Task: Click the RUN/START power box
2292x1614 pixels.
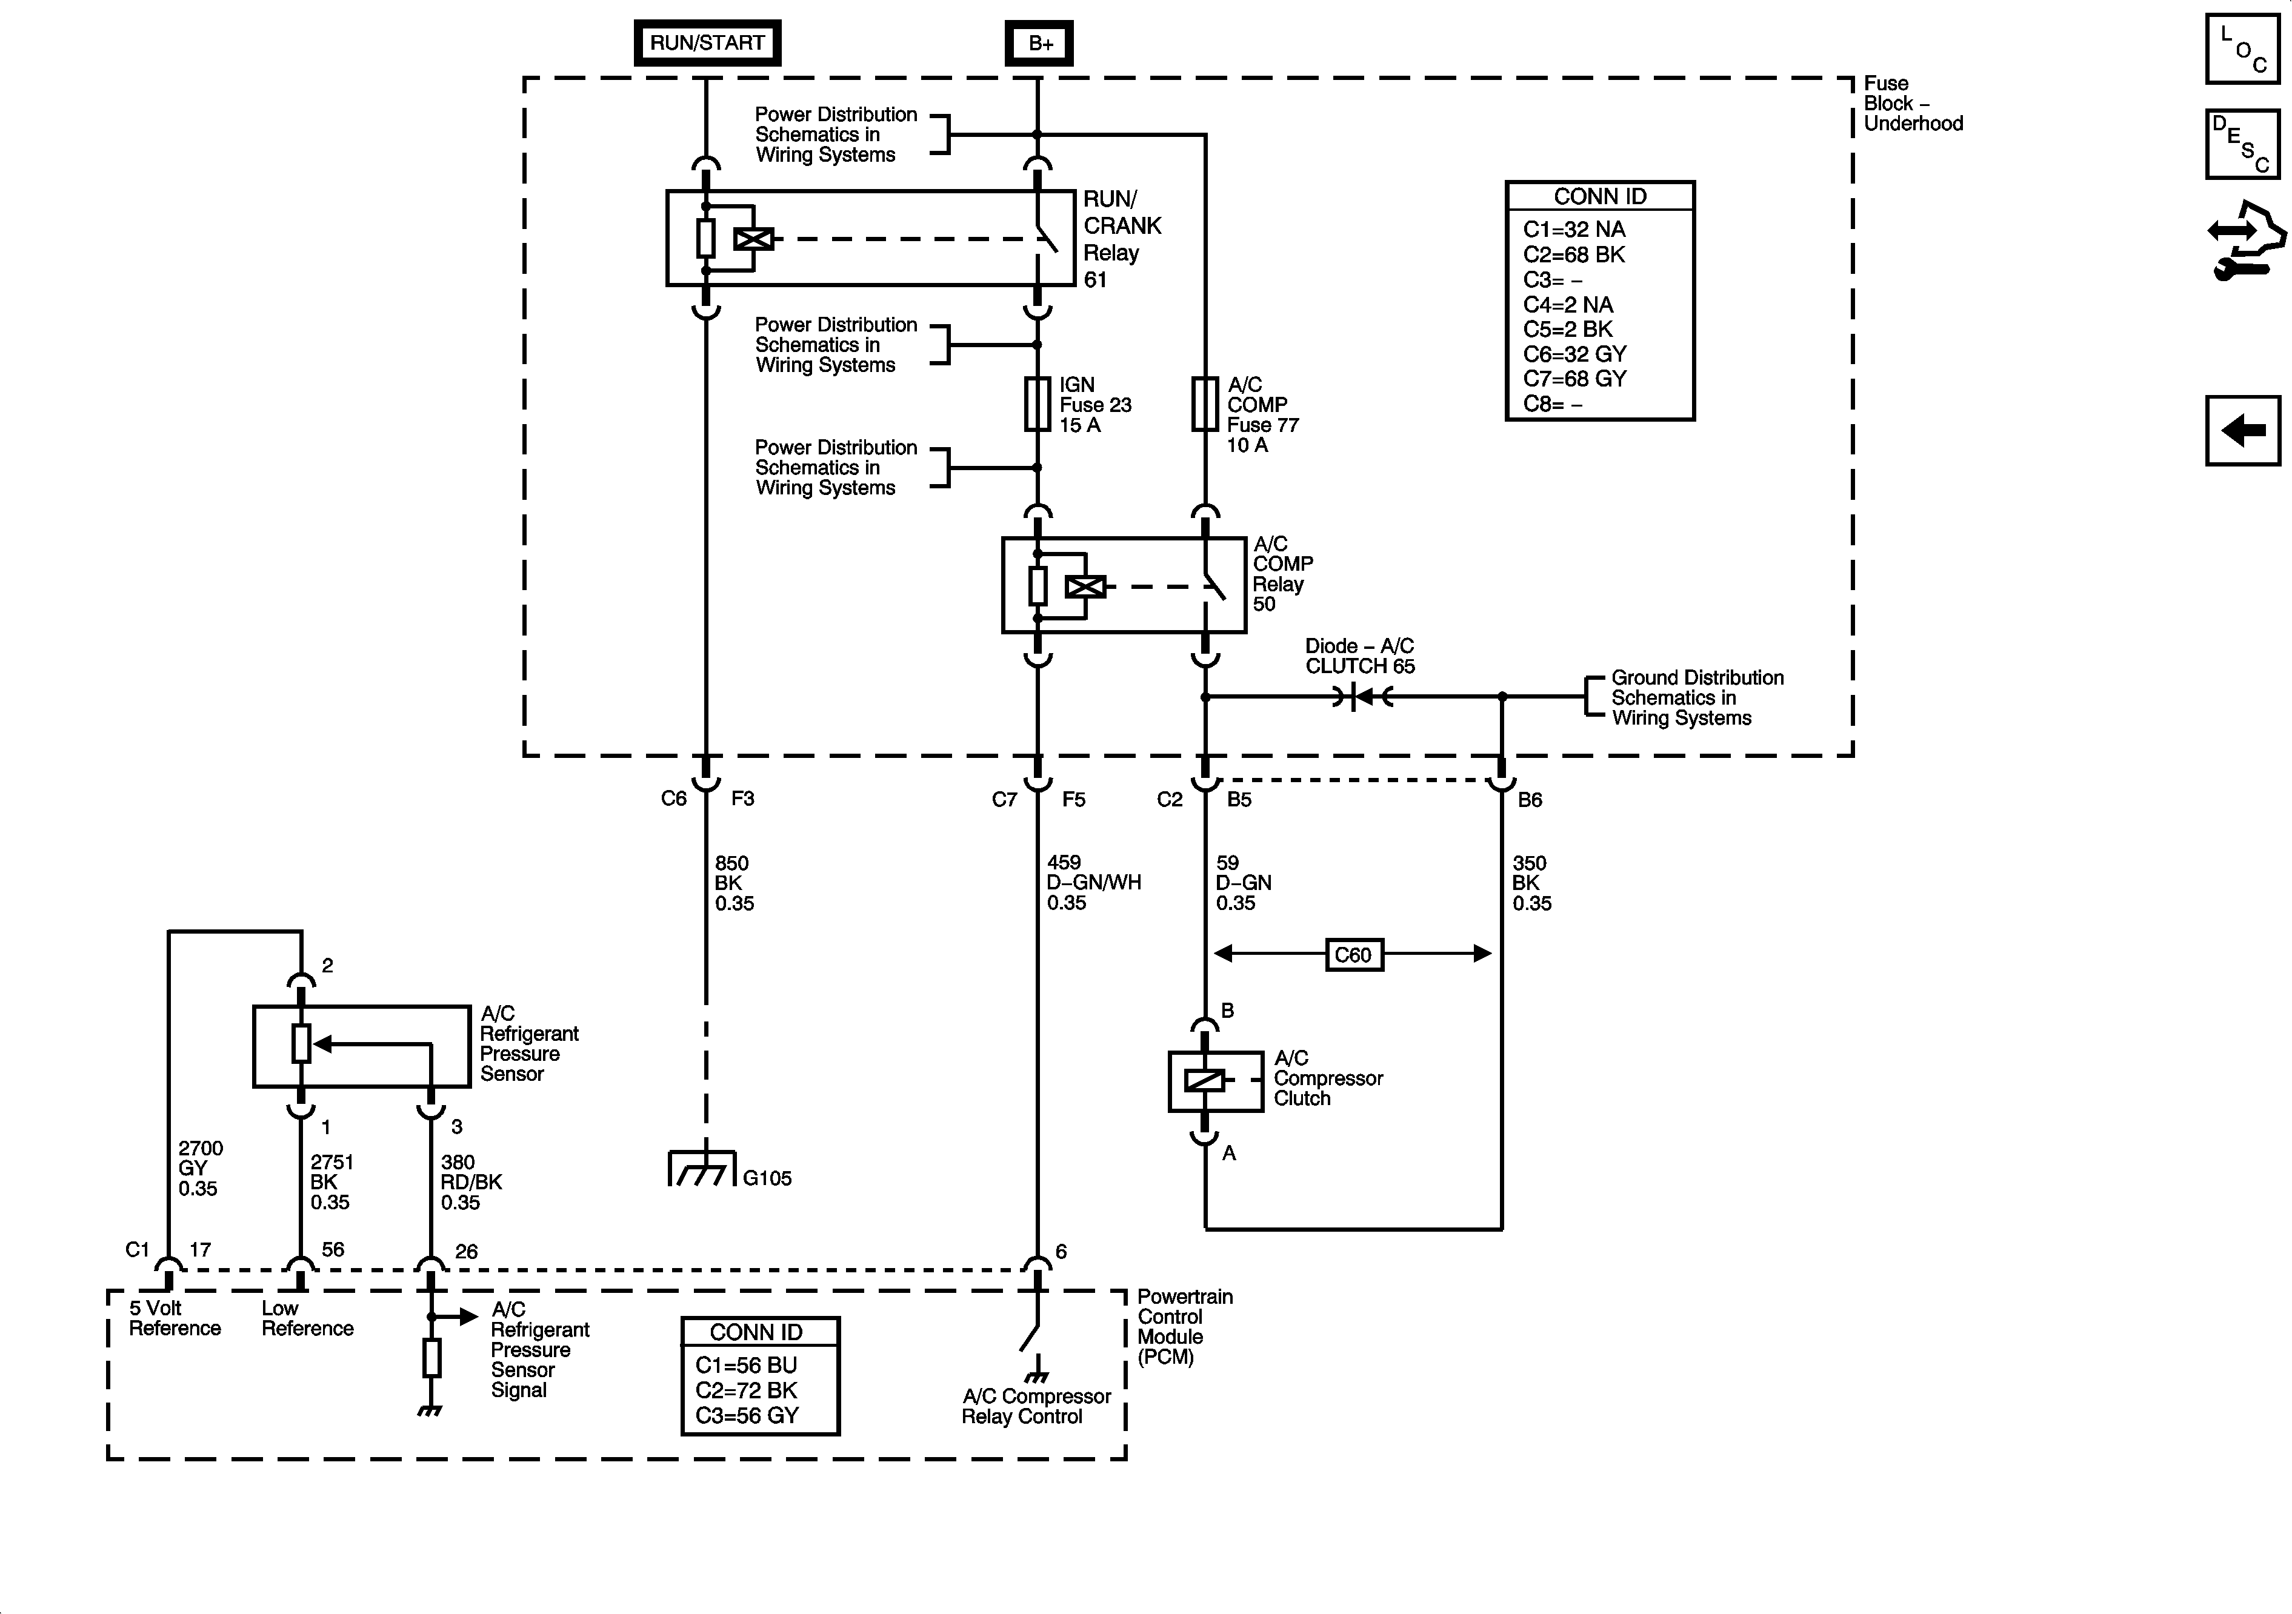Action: [707, 43]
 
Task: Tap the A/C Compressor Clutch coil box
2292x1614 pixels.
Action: [1216, 1081]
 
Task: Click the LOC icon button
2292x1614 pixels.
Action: [2242, 49]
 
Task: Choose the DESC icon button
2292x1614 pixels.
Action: [2242, 145]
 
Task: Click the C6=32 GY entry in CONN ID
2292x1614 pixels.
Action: [1574, 354]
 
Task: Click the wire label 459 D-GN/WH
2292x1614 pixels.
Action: [1093, 882]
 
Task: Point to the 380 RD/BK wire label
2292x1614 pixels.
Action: [471, 1182]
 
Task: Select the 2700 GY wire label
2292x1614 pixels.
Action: [201, 1168]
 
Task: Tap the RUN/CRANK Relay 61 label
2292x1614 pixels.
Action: [1122, 239]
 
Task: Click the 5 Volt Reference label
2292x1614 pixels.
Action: [175, 1318]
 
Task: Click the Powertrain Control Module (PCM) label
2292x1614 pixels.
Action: [1185, 1327]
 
